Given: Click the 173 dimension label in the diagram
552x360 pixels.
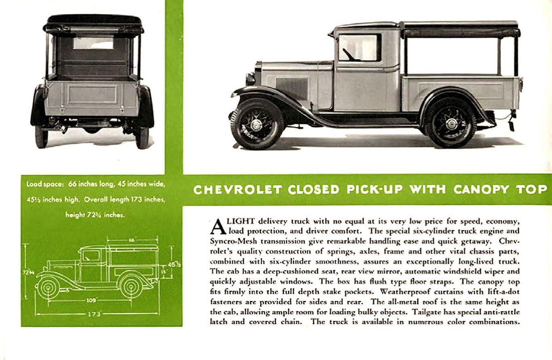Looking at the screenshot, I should coord(93,314).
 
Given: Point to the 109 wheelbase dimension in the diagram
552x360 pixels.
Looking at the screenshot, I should coord(91,300).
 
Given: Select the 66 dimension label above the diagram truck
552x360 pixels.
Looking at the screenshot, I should coord(132,240).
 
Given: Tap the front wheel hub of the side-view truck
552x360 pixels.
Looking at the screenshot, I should coord(256,124).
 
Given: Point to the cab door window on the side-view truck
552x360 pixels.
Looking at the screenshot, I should coord(359,47).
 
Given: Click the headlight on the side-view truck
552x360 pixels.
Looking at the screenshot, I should coord(250,78).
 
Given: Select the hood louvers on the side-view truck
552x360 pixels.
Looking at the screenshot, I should coord(292,87).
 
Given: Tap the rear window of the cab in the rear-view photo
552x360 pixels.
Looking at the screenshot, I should coord(93,43).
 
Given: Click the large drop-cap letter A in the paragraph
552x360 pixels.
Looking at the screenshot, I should coord(218,226).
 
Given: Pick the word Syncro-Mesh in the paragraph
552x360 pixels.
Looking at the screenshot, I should coord(228,241).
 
